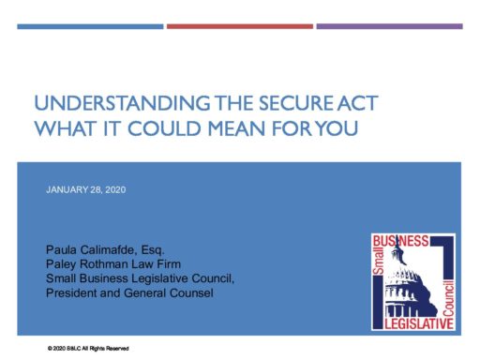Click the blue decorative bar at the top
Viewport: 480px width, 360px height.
coord(90,26)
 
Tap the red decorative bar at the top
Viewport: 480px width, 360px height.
coord(240,26)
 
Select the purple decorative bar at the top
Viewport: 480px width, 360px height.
coord(389,26)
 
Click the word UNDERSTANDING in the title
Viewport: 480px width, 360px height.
coord(122,103)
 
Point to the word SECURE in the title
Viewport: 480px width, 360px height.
coord(296,103)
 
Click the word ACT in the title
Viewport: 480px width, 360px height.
coord(357,103)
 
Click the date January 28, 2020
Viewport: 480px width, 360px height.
coord(86,190)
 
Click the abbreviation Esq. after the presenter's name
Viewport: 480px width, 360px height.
coord(153,250)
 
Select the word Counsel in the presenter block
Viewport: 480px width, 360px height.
coord(191,293)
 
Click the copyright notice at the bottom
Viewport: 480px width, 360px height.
coord(88,349)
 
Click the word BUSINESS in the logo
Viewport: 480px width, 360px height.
coord(401,241)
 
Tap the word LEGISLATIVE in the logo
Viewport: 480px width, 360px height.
coord(419,323)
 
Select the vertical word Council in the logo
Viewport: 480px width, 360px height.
coord(448,298)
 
